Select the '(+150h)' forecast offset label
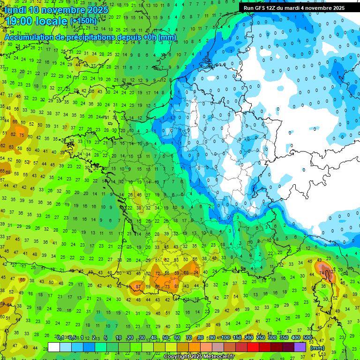click(x=83, y=21)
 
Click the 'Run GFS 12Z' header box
click(x=293, y=8)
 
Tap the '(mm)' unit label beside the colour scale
click(x=317, y=348)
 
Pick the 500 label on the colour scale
click(x=307, y=337)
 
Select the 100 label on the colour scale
click(x=225, y=337)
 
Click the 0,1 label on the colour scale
click(x=60, y=337)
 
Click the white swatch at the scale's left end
click(x=54, y=347)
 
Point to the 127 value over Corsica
click(x=332, y=271)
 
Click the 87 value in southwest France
click(x=138, y=286)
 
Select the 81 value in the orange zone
click(x=176, y=286)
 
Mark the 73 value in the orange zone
click(x=167, y=286)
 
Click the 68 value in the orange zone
click(x=186, y=273)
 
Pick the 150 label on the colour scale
click(x=237, y=337)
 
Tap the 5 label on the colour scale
click(x=106, y=337)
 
